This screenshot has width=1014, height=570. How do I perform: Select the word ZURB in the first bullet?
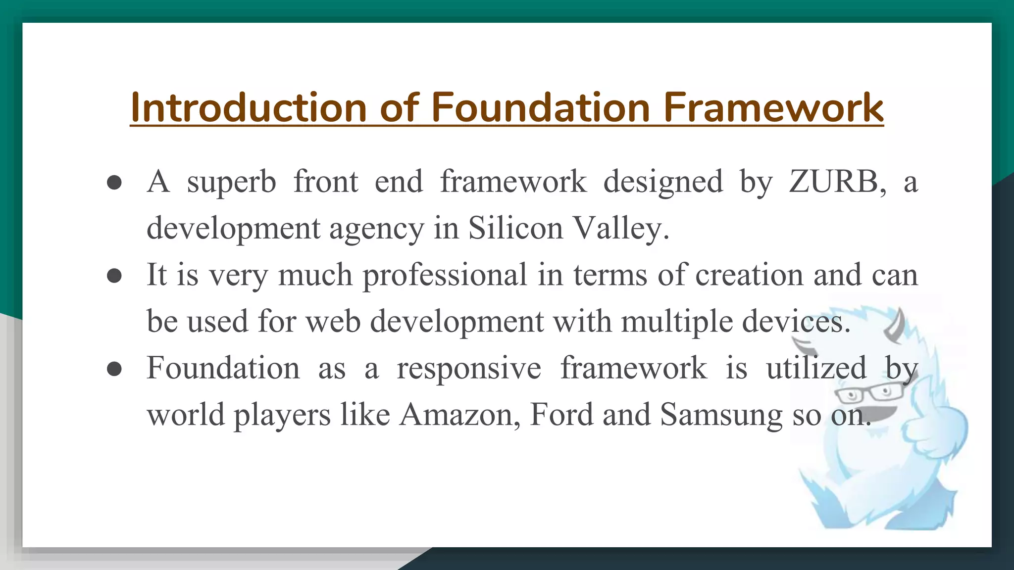tap(837, 181)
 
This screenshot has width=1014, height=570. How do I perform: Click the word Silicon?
tap(515, 228)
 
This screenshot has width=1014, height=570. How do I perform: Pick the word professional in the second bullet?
tap(445, 275)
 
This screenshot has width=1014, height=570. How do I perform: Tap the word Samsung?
tap(720, 415)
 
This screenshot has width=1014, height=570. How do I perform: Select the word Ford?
tap(561, 415)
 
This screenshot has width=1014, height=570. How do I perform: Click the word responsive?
tap(469, 368)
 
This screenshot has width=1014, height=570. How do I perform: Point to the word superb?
tap(231, 182)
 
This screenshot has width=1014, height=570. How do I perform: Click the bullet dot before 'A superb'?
tap(114, 182)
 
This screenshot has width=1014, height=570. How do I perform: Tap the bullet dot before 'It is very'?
tap(114, 276)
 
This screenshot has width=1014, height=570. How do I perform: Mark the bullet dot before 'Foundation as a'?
tap(114, 369)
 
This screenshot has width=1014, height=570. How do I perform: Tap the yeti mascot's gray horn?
tap(897, 327)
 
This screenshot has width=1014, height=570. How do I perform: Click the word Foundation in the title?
tap(540, 107)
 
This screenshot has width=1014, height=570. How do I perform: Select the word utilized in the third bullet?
tap(816, 368)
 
